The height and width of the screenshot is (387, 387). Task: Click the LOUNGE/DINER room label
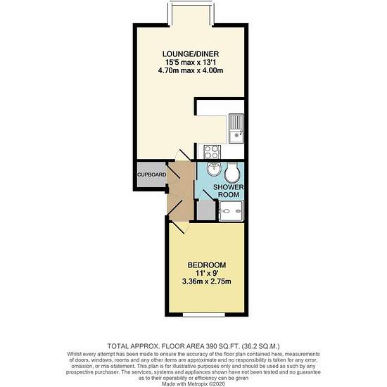point(191,53)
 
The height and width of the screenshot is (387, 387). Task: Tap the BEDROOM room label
point(207,265)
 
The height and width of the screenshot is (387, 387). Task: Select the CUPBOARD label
point(152,175)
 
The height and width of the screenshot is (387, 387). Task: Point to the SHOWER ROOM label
point(229,191)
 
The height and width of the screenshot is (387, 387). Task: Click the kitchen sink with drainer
point(236,128)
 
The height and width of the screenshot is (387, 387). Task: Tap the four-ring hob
point(212,152)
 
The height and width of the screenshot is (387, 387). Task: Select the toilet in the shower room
point(232,172)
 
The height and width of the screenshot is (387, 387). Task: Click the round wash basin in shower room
point(214,169)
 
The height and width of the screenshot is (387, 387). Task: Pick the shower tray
point(231,211)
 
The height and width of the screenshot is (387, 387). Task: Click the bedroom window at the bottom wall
point(204,315)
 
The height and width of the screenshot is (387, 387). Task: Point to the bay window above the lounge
point(191,13)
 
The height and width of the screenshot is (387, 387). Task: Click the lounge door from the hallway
point(183,156)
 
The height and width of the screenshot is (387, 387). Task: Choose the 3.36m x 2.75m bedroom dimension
point(207,281)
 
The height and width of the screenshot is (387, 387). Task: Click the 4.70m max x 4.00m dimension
point(191,70)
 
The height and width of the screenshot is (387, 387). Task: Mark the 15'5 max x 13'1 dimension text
point(191,62)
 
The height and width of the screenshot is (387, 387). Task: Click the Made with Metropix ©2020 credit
point(193,383)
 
